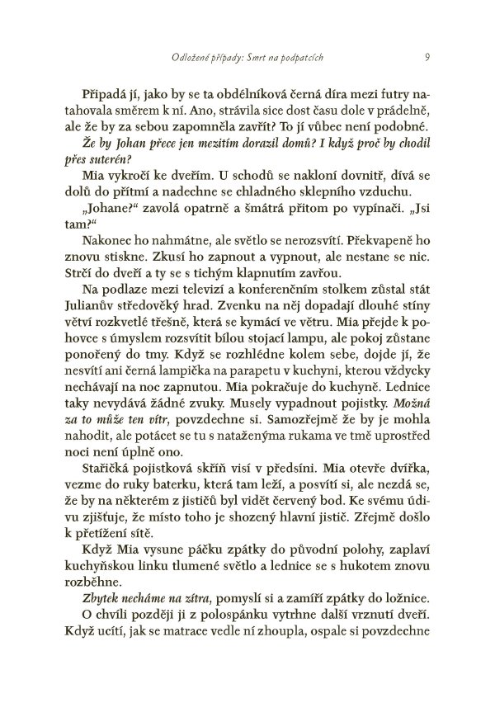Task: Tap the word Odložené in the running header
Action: tap(186, 57)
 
